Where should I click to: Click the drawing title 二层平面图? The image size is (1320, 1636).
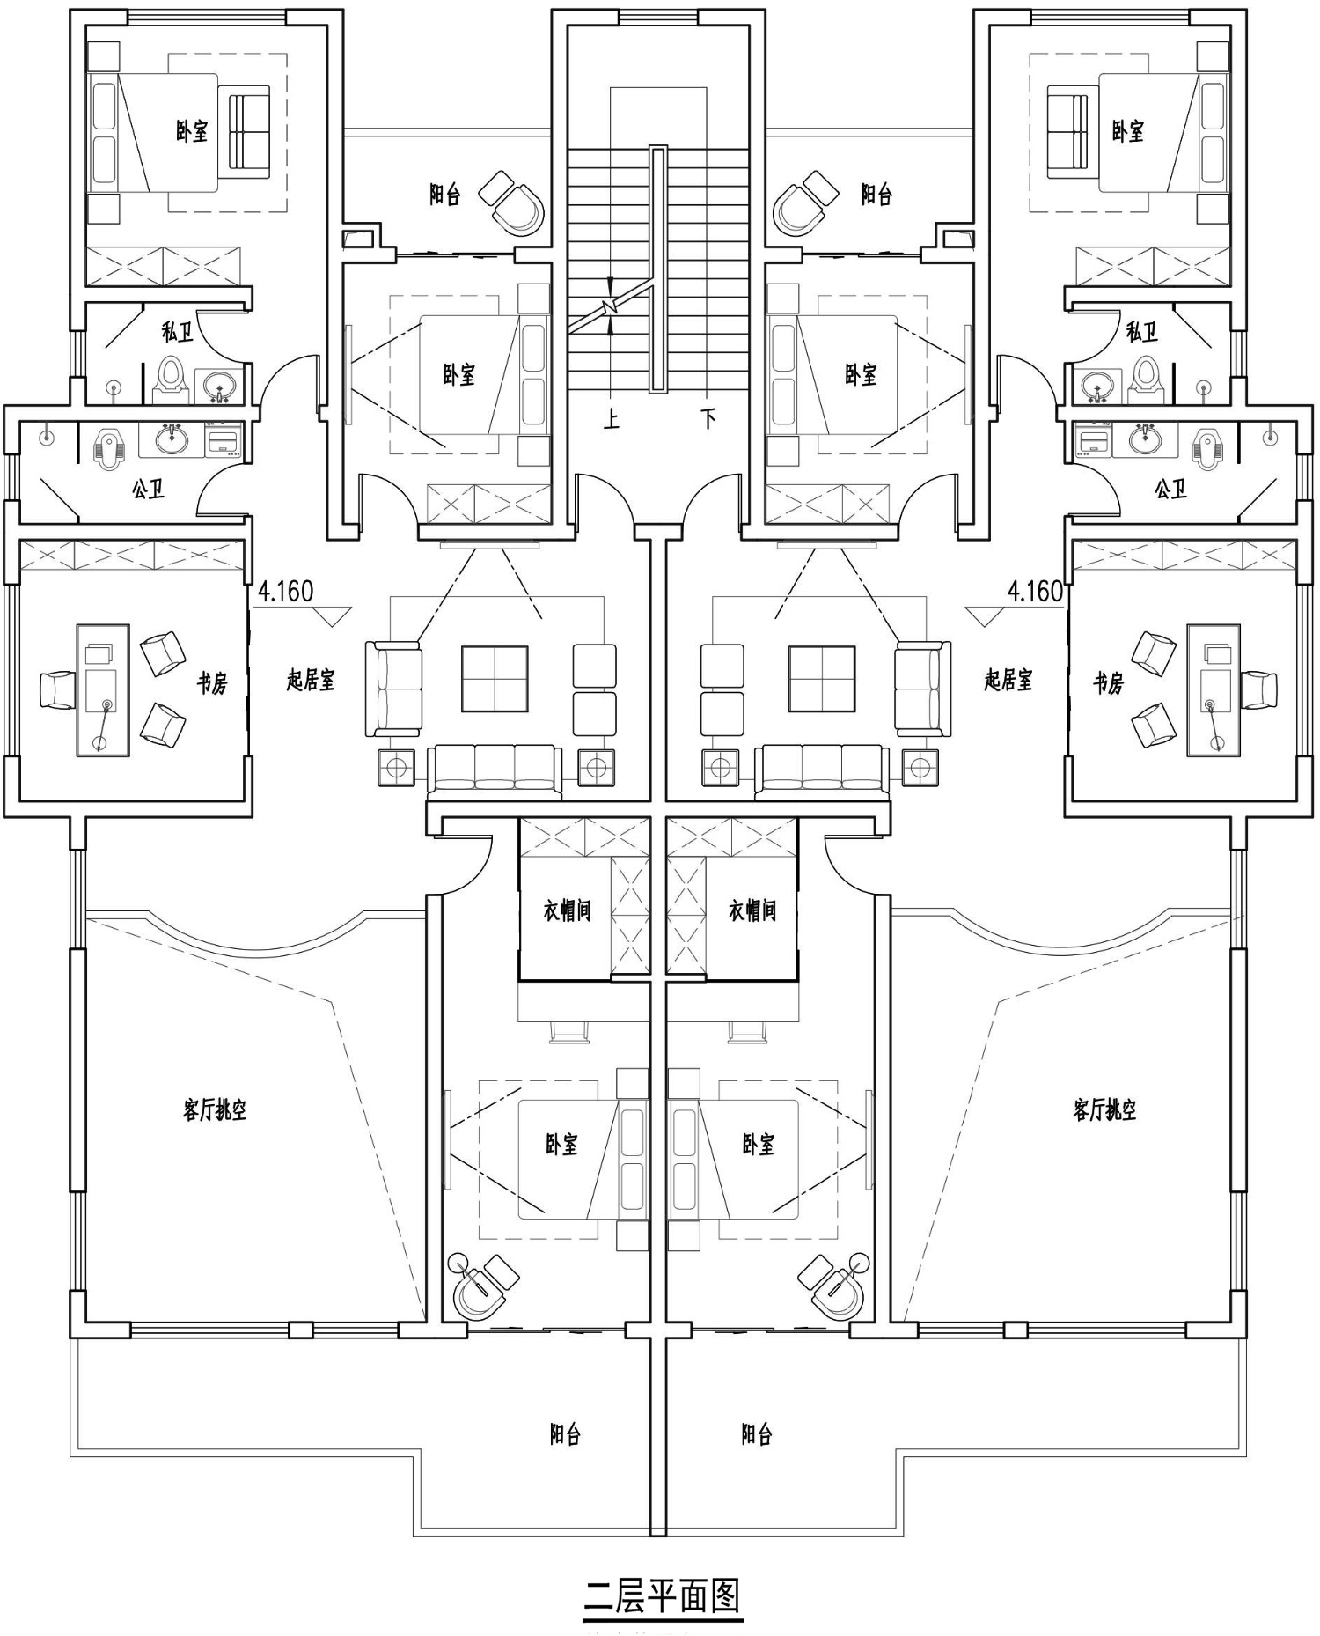[x=663, y=1595]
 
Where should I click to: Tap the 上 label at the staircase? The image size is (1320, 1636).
[x=612, y=418]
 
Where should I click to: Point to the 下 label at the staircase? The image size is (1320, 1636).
[x=708, y=418]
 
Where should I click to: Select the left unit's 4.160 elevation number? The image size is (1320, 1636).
[x=285, y=591]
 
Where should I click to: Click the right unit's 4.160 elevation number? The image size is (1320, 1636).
[x=1035, y=591]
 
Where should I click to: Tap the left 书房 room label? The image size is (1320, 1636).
[x=212, y=682]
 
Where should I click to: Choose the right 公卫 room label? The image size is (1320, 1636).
[x=1171, y=489]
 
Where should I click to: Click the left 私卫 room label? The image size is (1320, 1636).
[x=178, y=332]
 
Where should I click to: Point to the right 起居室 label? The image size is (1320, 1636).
[x=1008, y=680]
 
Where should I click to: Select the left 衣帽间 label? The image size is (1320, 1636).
[x=567, y=910]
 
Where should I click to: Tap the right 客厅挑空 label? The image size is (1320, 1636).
[x=1104, y=1109]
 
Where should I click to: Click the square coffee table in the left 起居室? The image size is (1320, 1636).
[x=495, y=679]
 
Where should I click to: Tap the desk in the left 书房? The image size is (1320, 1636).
[x=103, y=690]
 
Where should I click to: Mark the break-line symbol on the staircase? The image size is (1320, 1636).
[x=611, y=306]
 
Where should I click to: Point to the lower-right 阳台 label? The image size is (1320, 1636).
[x=757, y=1434]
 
